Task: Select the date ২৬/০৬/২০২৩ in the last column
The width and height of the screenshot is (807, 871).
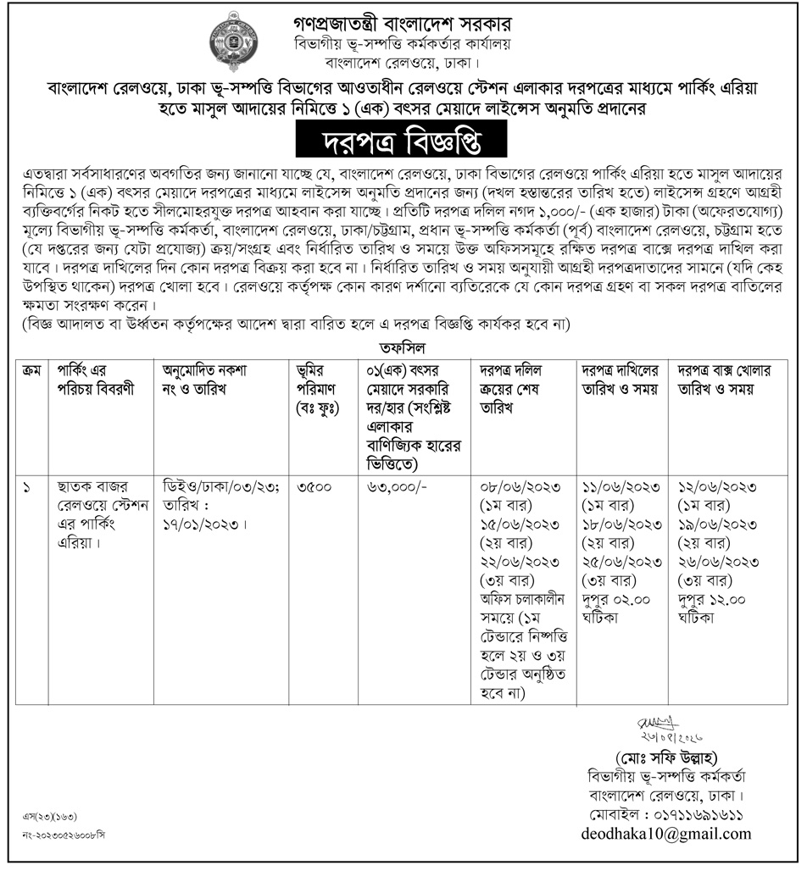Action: (718, 562)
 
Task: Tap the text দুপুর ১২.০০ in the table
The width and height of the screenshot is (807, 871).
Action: (717, 601)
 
